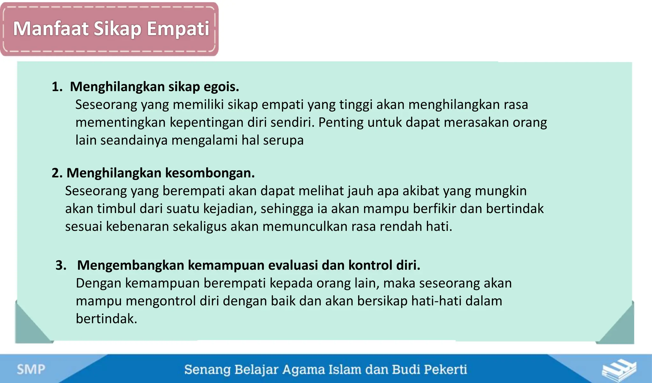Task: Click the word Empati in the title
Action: click(178, 29)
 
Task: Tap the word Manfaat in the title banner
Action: click(51, 29)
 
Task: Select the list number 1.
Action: click(56, 87)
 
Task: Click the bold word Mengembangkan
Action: click(131, 265)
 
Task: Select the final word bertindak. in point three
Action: click(106, 319)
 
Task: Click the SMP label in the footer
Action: click(31, 369)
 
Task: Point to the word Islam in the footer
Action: click(345, 370)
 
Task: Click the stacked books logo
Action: click(619, 370)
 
